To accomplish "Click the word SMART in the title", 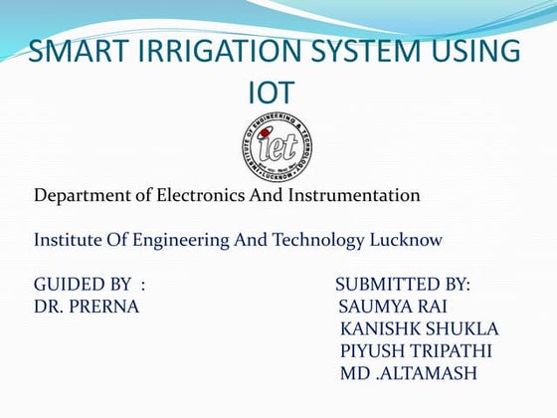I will [x=76, y=52].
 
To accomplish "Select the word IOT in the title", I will [x=272, y=94].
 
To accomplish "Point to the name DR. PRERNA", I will [x=87, y=307].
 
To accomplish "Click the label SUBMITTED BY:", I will [x=403, y=286].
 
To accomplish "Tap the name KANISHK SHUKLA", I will [x=419, y=328].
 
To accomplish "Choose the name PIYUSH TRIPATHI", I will [x=416, y=350].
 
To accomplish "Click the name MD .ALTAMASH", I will [x=408, y=373].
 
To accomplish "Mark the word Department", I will [x=83, y=195].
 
